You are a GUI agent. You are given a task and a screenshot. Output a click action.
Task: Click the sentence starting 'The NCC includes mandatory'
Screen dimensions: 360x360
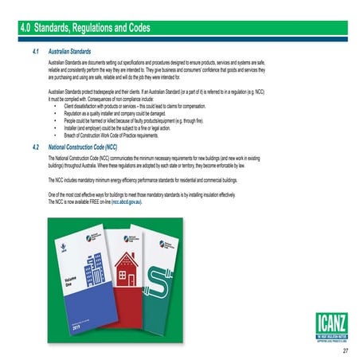click(x=143, y=181)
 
